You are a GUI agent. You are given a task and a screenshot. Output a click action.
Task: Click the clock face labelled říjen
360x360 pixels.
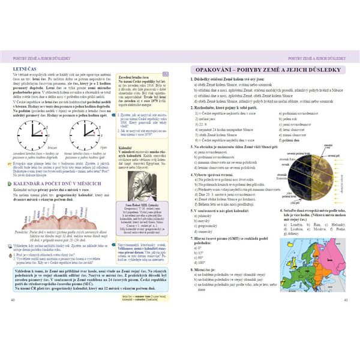click(85, 137)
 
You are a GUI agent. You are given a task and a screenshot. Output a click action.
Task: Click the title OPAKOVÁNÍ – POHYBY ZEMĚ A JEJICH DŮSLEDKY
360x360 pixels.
click(265, 70)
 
